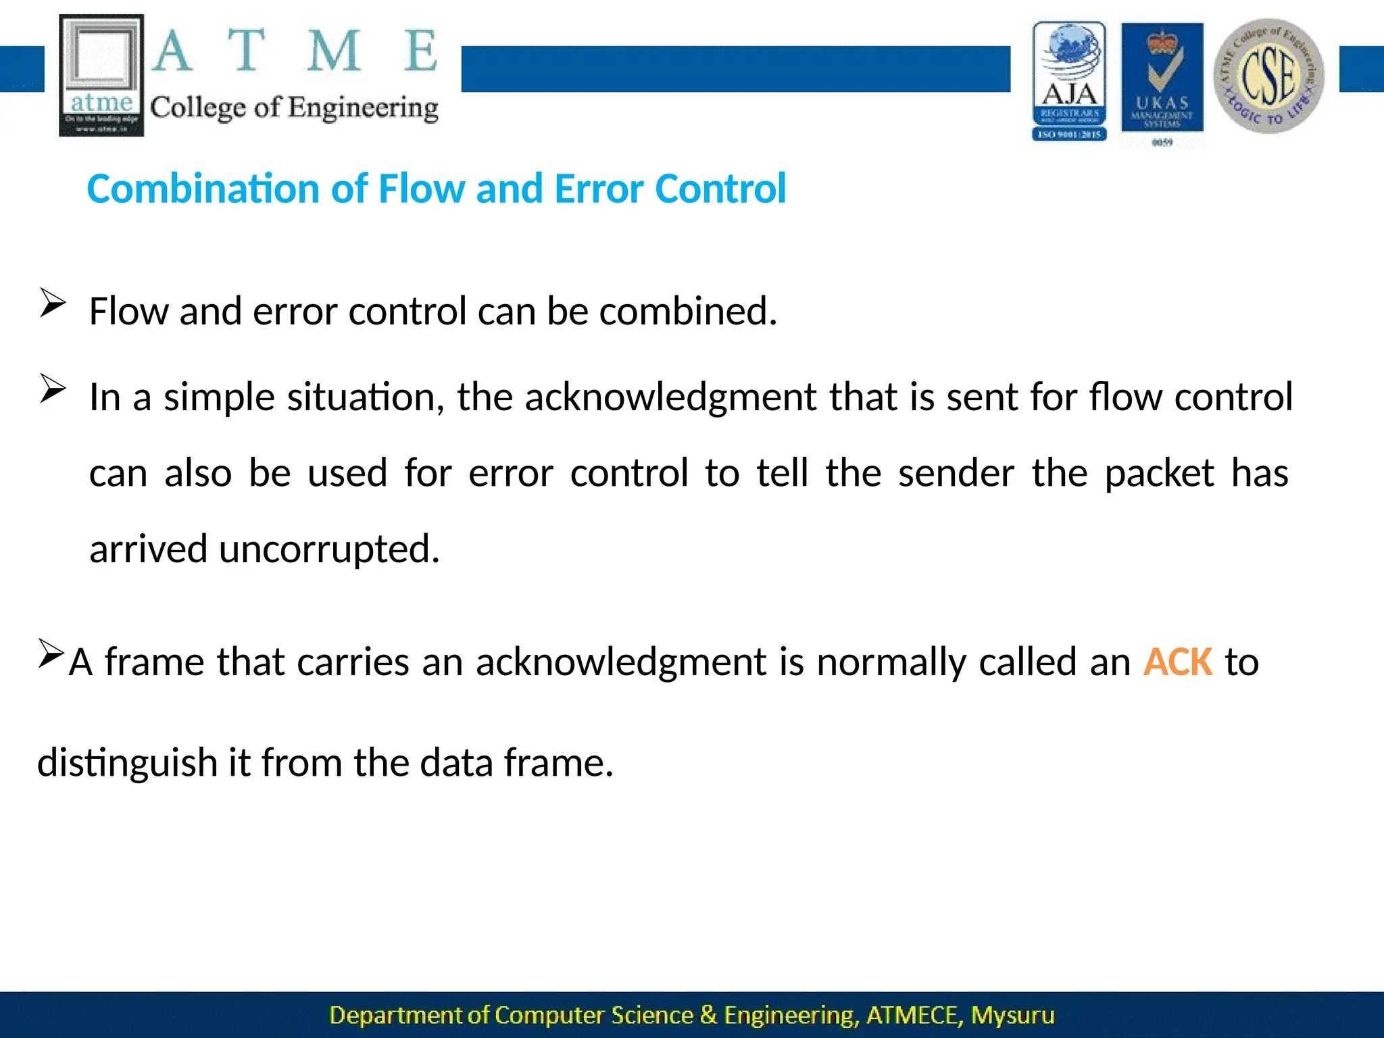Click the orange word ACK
(x=1177, y=662)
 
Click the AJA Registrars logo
(x=1069, y=81)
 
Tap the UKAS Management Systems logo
(x=1162, y=80)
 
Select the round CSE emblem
(x=1268, y=76)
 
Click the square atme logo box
(x=101, y=75)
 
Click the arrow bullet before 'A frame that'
(x=51, y=653)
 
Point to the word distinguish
(x=126, y=763)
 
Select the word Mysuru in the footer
(x=1012, y=1015)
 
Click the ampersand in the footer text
(x=708, y=1015)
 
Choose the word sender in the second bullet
(x=956, y=473)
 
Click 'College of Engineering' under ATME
(x=294, y=108)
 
